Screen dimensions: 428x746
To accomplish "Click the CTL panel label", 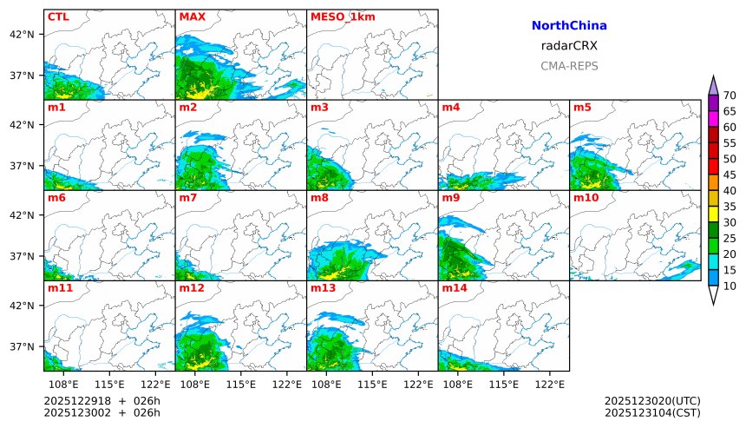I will click(x=58, y=16).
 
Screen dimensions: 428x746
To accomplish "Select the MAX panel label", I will click(x=192, y=16).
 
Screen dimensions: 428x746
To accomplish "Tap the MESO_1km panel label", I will click(x=343, y=16).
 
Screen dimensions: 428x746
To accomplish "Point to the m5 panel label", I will click(x=582, y=108).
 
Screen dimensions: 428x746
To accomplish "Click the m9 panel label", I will click(x=451, y=198).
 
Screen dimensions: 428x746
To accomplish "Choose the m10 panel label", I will click(x=586, y=198).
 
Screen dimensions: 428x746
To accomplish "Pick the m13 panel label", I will click(x=323, y=287).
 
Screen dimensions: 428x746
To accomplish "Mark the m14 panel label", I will click(x=455, y=287).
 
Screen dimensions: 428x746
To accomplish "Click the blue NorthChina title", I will click(x=569, y=26).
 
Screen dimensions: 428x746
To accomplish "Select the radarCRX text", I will click(x=569, y=46).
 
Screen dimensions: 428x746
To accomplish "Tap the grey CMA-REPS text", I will click(x=569, y=66).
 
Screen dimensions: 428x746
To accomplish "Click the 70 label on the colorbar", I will click(x=730, y=95).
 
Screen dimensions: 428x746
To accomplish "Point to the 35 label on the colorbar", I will click(x=730, y=207).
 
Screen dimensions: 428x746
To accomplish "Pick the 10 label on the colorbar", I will click(x=730, y=286).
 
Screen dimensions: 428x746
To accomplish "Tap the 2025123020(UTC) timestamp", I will click(x=652, y=400).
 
